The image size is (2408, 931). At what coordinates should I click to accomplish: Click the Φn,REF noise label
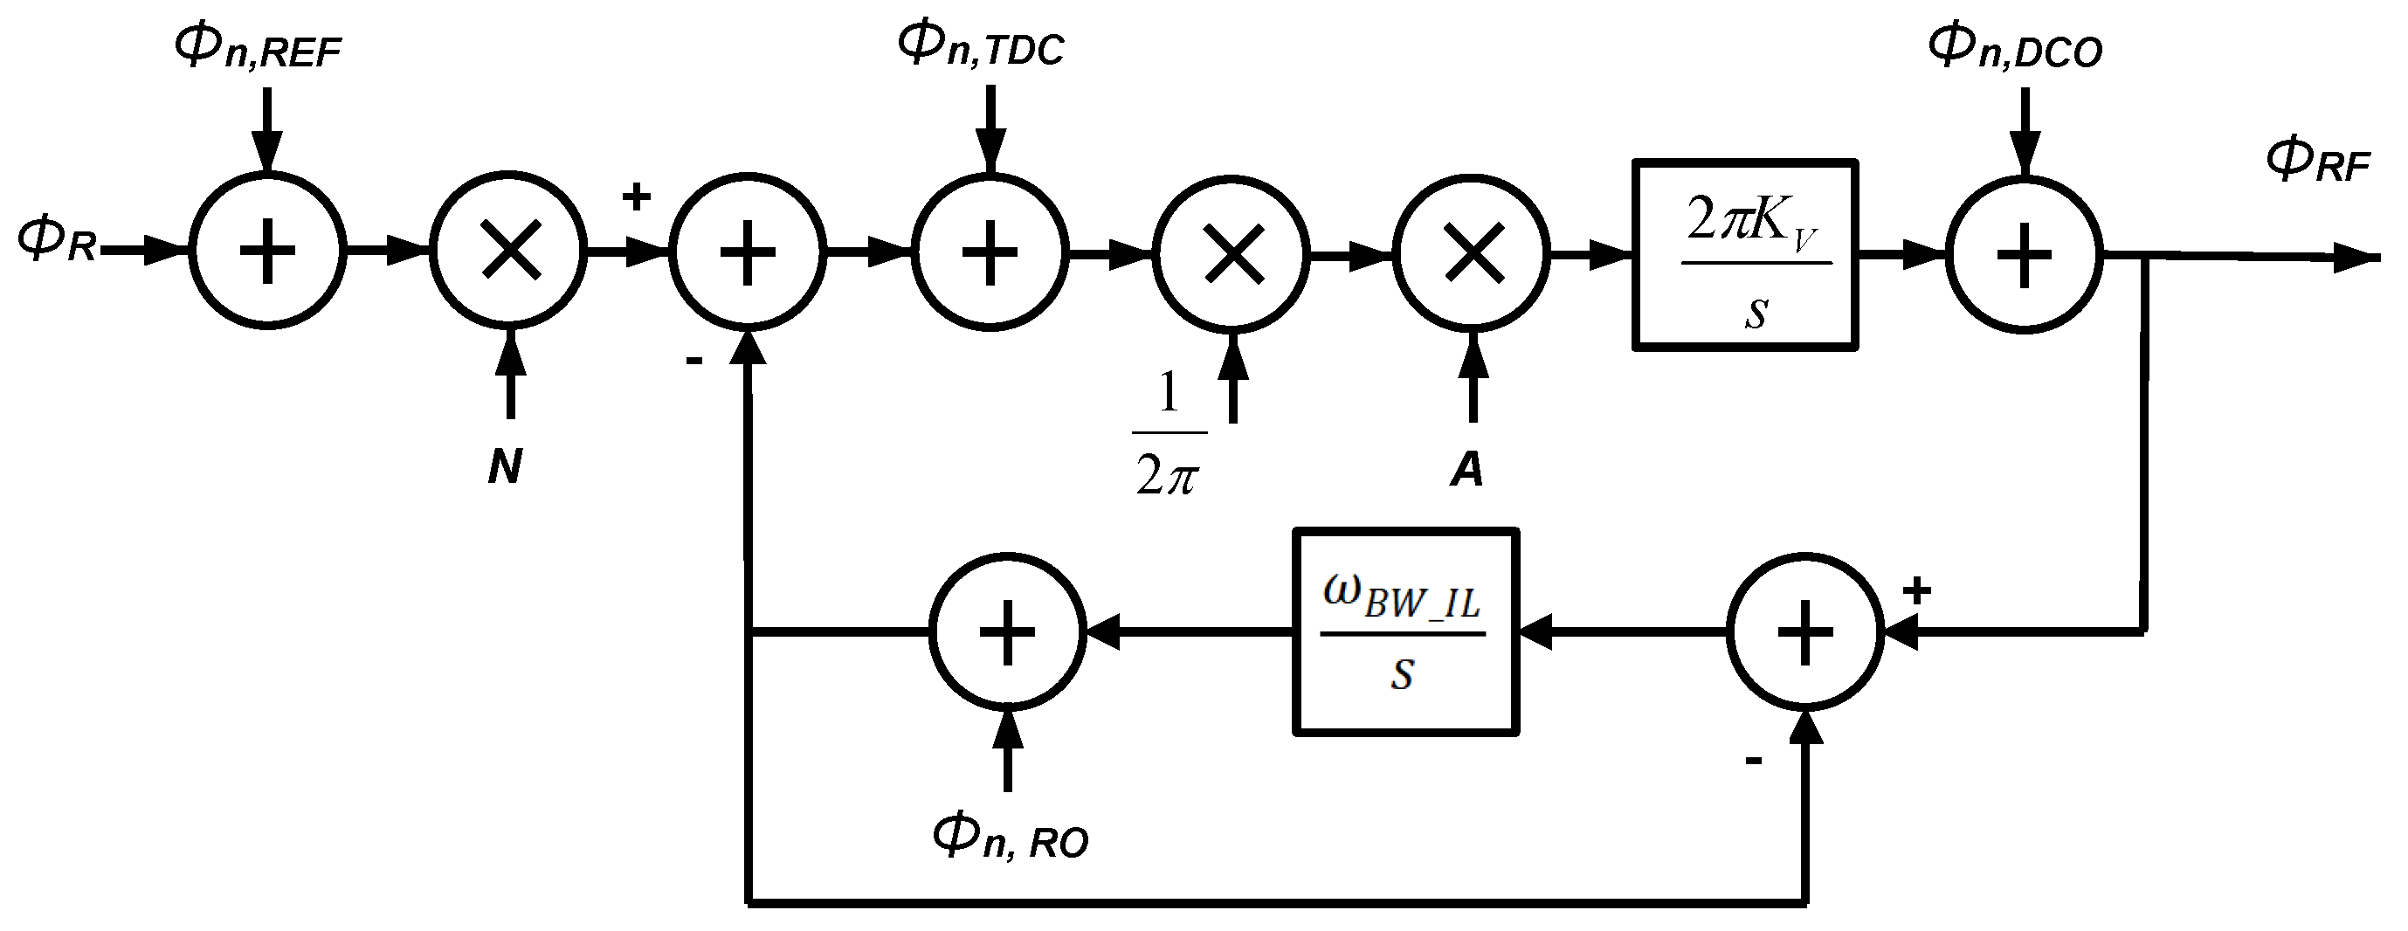coord(258,47)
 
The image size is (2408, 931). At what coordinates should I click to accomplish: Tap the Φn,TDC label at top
coord(981,45)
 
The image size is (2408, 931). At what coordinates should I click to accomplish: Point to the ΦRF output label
coord(2318,161)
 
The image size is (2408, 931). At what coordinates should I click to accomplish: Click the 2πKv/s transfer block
coord(1745,255)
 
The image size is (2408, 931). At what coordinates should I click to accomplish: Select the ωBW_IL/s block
coord(1405,632)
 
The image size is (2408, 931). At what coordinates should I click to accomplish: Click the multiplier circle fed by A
coord(1473,252)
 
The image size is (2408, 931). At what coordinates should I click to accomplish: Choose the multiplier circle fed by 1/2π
coord(1232,252)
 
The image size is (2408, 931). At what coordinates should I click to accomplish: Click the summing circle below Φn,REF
coord(268,251)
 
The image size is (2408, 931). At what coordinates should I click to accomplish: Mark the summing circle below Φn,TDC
coord(990,252)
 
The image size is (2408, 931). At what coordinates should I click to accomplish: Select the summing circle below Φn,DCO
coord(2024,253)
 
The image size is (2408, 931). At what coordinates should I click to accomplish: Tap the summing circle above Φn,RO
coord(1007,632)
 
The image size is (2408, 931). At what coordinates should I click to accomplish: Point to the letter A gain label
coord(1466,469)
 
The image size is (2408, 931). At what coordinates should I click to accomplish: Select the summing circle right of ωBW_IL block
coord(1804,632)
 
